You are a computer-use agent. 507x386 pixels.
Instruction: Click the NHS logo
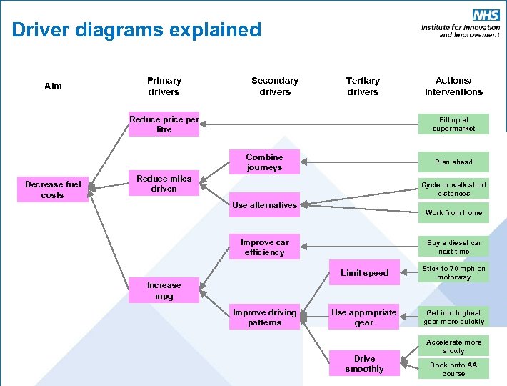(x=486, y=15)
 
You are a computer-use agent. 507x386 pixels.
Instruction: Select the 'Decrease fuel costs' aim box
(x=53, y=189)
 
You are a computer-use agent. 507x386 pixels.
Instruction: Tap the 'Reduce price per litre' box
(x=164, y=124)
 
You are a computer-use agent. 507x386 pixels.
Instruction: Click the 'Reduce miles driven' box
(x=164, y=184)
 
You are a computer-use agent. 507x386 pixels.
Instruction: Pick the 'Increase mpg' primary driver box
(x=164, y=290)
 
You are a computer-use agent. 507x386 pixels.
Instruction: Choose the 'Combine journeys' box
(x=264, y=162)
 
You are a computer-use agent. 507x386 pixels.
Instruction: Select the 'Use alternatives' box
(x=264, y=205)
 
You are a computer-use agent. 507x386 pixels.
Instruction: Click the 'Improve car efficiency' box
(x=264, y=247)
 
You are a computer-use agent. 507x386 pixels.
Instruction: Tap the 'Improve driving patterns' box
(x=264, y=317)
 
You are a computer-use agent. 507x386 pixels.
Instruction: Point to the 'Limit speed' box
(x=364, y=272)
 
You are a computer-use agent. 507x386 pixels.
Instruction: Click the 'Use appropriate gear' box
(x=364, y=317)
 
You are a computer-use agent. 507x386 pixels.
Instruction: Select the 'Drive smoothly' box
(x=364, y=364)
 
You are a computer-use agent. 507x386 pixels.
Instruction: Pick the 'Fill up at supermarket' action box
(x=454, y=124)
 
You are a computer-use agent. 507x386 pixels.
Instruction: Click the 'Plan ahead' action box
(x=454, y=162)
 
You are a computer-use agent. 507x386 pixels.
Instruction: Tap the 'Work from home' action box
(x=454, y=213)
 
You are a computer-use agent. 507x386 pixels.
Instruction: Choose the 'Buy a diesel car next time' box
(x=454, y=247)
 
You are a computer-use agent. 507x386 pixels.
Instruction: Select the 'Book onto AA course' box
(x=454, y=369)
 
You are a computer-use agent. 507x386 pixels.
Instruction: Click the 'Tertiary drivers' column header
(x=363, y=86)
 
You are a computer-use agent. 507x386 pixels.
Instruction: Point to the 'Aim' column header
(x=53, y=86)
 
